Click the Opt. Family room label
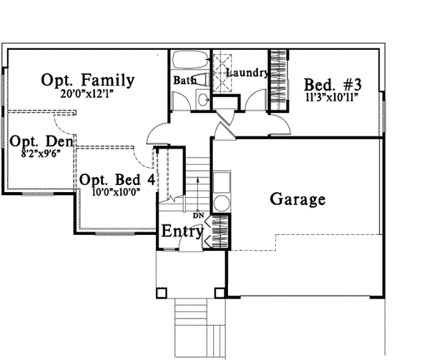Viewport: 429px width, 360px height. [87, 80]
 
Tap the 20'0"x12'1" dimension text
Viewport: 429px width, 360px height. [87, 94]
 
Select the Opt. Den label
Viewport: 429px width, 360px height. [41, 141]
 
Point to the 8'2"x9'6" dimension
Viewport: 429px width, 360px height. [41, 154]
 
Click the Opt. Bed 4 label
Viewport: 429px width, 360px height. [117, 180]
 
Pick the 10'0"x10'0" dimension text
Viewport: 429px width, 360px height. [117, 192]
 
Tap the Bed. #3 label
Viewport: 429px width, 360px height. [332, 85]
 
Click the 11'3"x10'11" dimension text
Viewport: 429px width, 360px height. [332, 97]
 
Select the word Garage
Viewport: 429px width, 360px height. [297, 199]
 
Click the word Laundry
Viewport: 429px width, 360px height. [247, 73]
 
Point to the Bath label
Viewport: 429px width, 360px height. [184, 81]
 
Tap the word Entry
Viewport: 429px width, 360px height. [182, 231]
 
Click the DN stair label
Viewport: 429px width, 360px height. [198, 216]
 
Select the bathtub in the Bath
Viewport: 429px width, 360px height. [190, 59]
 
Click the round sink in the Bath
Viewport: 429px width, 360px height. [203, 99]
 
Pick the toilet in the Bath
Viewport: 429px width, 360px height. [202, 80]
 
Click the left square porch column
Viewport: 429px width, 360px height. [161, 293]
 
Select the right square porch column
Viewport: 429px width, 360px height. [220, 293]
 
